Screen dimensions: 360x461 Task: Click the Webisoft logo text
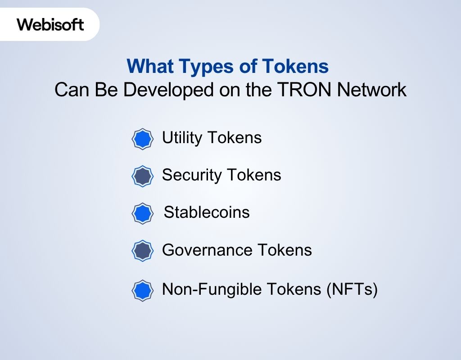[50, 24]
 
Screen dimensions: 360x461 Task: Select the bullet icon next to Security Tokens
[142, 176]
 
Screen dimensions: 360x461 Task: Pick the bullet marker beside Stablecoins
[142, 213]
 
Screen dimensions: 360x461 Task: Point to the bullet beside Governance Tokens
[142, 251]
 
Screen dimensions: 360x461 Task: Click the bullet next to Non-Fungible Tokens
[142, 290]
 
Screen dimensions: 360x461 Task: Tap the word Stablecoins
[207, 212]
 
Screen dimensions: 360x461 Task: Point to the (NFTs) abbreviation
[351, 289]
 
